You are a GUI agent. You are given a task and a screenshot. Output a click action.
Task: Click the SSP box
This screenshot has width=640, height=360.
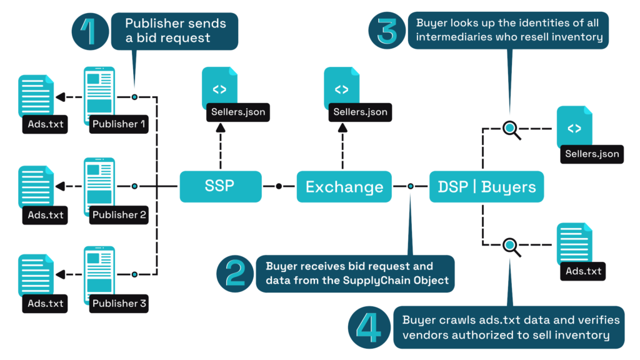coord(219,186)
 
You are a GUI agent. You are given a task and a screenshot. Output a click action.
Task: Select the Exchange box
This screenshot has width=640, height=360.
coord(344,187)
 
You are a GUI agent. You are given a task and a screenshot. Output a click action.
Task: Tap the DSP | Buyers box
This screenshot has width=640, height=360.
coord(487,187)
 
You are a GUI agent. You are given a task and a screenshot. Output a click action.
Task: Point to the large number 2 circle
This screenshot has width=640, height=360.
coord(234,273)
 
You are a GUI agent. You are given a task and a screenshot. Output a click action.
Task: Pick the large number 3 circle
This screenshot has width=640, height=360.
coord(387,31)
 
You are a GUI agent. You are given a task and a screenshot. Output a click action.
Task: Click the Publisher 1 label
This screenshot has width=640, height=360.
coord(119,124)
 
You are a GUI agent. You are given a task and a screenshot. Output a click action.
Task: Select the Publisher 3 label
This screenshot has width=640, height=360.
coord(119,304)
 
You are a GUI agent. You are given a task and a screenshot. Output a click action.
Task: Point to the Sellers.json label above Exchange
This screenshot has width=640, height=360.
coord(361,112)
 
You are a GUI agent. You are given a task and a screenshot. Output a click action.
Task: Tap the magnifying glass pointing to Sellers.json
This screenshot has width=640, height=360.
coord(511,129)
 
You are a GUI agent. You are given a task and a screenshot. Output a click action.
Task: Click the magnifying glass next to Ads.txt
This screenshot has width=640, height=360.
coord(511,246)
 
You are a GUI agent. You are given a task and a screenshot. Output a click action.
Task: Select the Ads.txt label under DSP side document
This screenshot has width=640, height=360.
coord(583,271)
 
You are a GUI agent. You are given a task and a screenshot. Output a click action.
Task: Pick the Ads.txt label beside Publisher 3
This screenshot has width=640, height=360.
coord(46,304)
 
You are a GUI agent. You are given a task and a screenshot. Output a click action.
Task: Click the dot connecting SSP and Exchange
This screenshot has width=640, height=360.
coord(279,186)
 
